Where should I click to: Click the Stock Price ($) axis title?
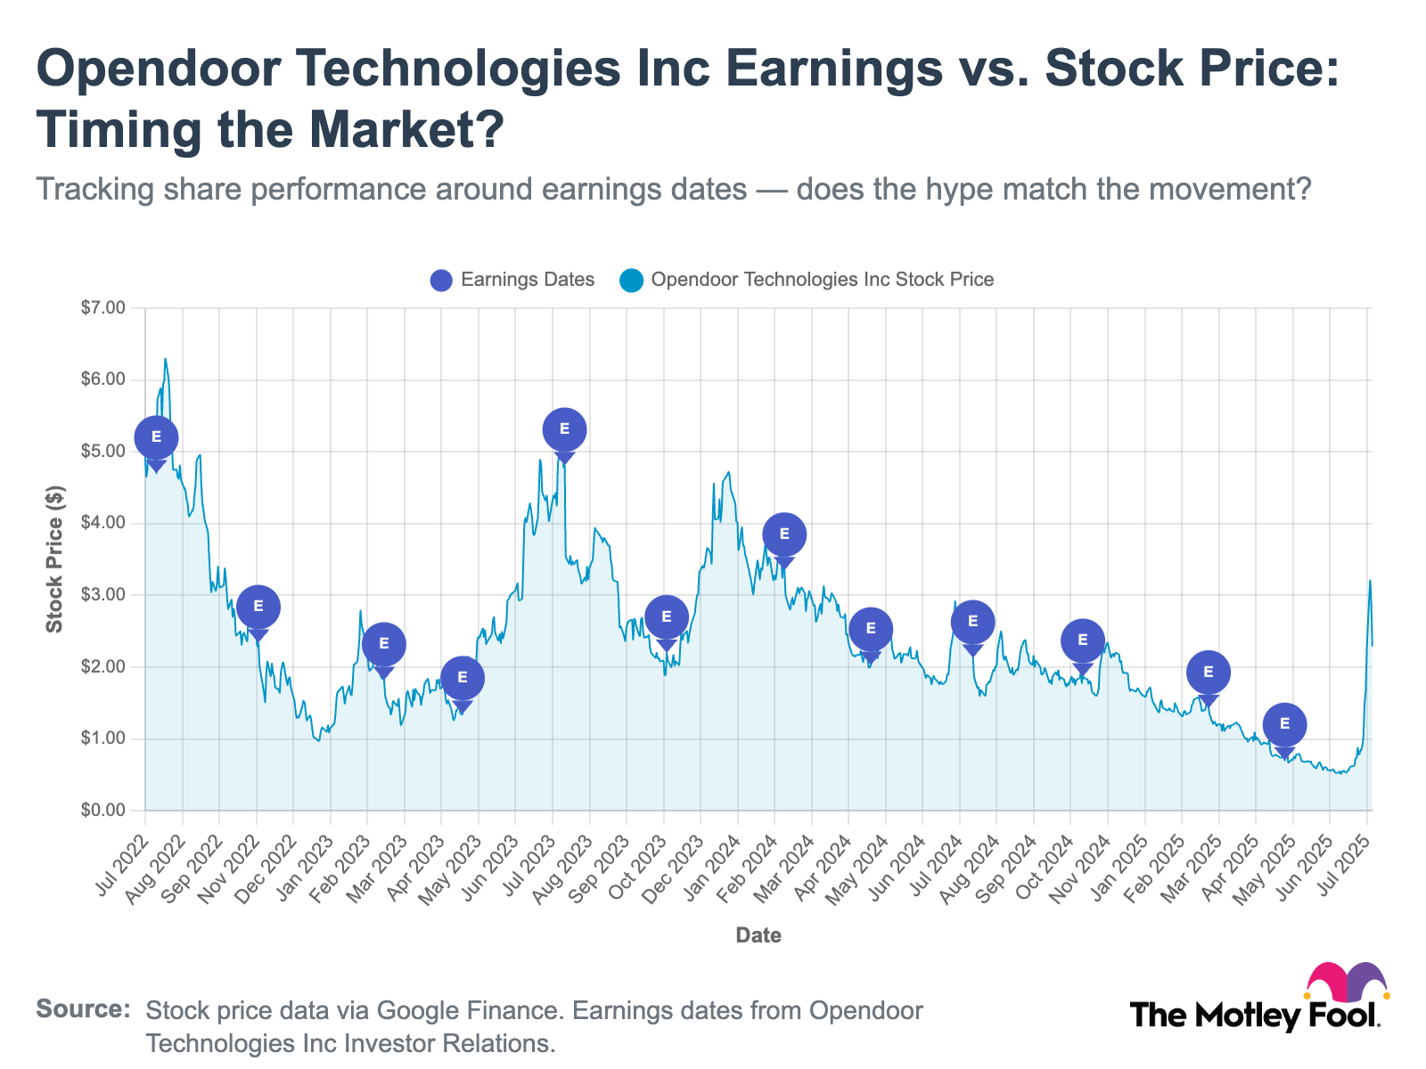pyautogui.click(x=55, y=559)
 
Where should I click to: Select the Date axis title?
pyautogui.click(x=758, y=935)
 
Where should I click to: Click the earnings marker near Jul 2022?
pyautogui.click(x=156, y=437)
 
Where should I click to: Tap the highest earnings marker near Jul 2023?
pyautogui.click(x=564, y=429)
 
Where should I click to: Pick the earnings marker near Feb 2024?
pyautogui.click(x=784, y=534)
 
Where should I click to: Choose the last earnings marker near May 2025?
pyautogui.click(x=1284, y=724)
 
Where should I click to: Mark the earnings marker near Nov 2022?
pyautogui.click(x=258, y=607)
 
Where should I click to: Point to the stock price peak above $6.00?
pyautogui.click(x=166, y=360)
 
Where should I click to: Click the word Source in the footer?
pyautogui.click(x=83, y=1010)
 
